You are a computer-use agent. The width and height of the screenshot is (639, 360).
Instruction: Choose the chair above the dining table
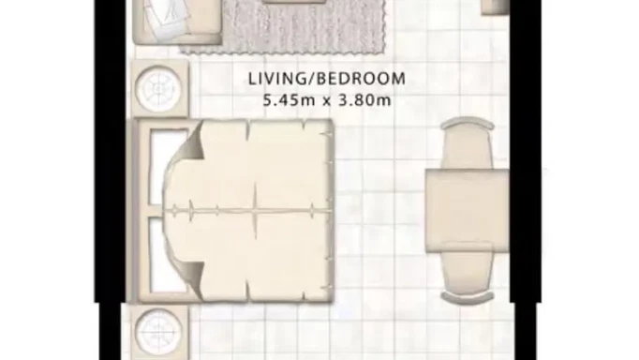[x=466, y=142]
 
